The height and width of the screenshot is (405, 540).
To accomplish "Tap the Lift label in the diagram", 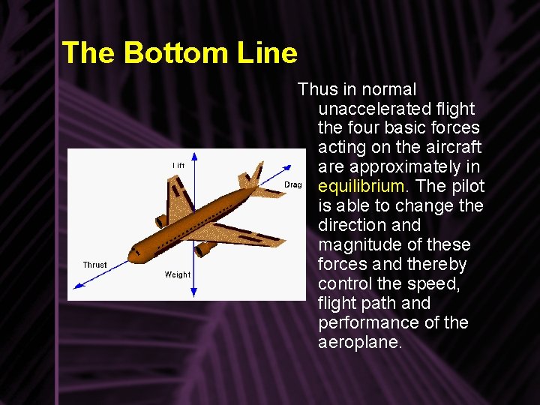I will click(178, 165).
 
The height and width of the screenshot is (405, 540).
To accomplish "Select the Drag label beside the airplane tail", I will click(292, 184).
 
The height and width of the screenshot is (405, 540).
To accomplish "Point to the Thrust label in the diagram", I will click(94, 265).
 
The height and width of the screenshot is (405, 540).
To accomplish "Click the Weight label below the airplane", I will click(178, 274).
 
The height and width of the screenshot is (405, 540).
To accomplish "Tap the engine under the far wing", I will click(160, 222).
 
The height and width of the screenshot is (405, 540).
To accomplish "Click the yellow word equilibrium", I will click(364, 186).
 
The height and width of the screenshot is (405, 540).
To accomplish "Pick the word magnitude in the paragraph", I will click(357, 244).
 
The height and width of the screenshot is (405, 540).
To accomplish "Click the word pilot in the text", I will click(467, 186).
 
